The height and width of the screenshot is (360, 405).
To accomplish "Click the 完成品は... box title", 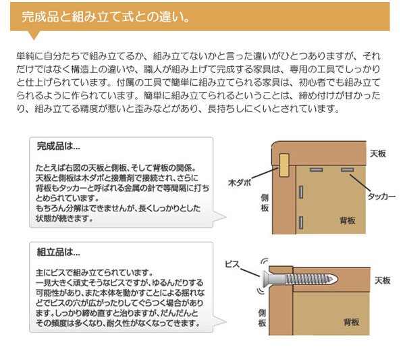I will tap(58, 145).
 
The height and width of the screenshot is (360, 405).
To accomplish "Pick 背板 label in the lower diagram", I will tap(351, 322).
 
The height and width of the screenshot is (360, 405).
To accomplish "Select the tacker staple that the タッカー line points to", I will tap(347, 169).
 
